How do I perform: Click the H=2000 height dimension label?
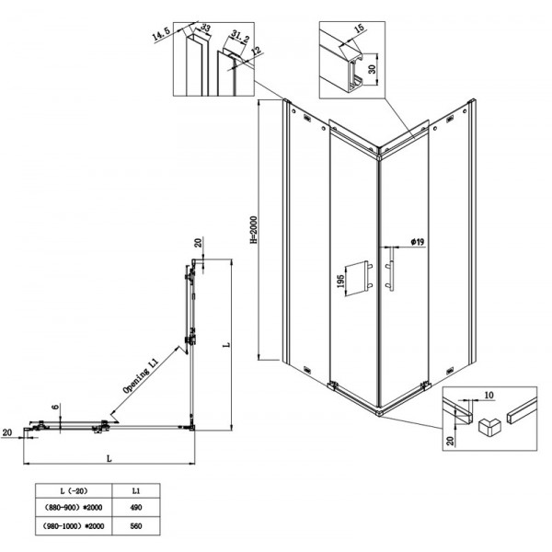click(x=254, y=229)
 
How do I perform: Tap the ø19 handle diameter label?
click(x=418, y=241)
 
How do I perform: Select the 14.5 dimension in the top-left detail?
click(x=161, y=34)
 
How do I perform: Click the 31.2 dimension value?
click(x=240, y=36)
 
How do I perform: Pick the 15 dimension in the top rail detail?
click(x=359, y=29)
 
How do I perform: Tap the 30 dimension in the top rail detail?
click(x=372, y=69)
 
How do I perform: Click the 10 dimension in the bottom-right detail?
click(x=489, y=396)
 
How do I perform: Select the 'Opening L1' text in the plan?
click(x=141, y=375)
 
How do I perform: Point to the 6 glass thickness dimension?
click(x=55, y=407)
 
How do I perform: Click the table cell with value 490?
click(x=136, y=507)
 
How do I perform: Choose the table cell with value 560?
click(x=136, y=526)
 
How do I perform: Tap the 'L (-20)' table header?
click(x=74, y=490)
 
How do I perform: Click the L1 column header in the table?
click(x=136, y=490)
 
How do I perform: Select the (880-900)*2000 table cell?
click(x=74, y=507)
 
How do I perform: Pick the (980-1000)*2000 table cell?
click(x=74, y=526)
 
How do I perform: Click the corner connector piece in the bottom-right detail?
click(x=489, y=427)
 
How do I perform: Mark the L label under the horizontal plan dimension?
click(x=109, y=458)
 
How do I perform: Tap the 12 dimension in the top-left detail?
click(x=257, y=51)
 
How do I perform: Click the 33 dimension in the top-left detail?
click(x=206, y=27)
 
